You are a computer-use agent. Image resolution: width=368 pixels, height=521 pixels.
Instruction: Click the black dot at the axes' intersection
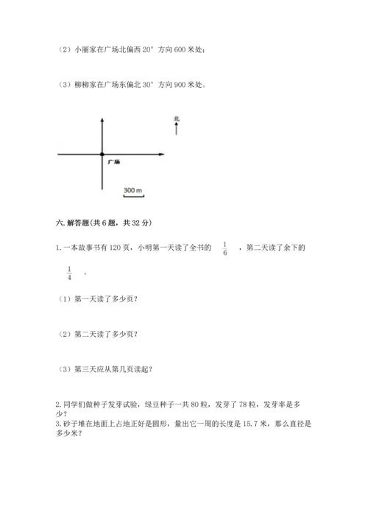point(102,154)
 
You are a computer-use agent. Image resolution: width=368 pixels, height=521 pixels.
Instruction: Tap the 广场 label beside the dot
point(113,161)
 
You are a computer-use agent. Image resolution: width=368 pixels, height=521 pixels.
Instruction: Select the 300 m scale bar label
point(132,191)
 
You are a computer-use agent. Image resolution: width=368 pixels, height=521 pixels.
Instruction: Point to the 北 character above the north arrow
point(177,118)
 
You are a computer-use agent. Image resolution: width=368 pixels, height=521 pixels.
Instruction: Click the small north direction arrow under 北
point(177,129)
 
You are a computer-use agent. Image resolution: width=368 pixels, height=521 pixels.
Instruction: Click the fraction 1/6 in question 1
point(225,248)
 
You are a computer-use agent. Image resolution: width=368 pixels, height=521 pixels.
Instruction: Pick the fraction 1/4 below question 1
point(69,273)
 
